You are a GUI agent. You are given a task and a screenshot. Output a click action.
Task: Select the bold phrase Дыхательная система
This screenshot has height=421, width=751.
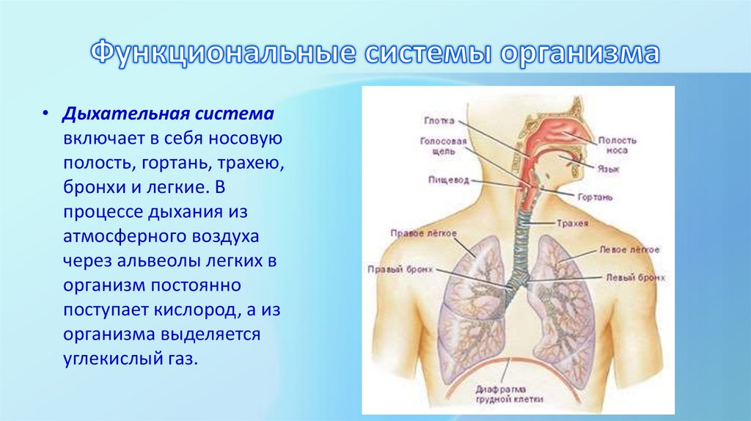coord(169,115)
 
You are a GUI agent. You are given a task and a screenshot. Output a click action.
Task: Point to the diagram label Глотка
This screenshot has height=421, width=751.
coord(439,120)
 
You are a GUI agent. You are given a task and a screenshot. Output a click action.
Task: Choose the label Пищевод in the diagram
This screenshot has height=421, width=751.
coord(444,178)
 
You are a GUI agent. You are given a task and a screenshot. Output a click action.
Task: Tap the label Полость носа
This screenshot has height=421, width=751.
coord(617,144)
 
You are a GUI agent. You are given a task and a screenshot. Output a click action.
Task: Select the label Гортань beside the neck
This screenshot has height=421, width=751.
coord(594,197)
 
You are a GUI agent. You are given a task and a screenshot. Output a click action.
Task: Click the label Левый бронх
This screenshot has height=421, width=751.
coord(635,279)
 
